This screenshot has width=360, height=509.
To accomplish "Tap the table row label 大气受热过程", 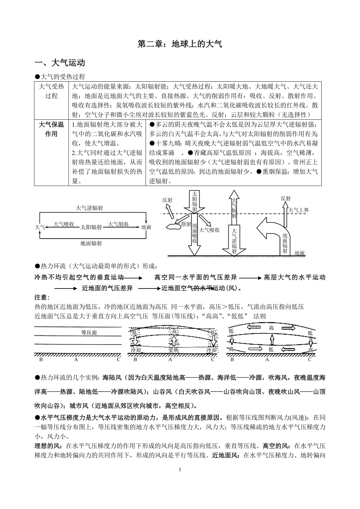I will (x=51, y=91).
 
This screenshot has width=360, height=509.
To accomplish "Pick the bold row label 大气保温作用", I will (x=51, y=129).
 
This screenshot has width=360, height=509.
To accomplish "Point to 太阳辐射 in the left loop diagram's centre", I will (x=92, y=227).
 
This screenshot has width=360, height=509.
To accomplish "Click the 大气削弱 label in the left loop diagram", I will (x=118, y=224).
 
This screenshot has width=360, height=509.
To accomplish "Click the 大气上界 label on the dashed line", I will (x=299, y=210).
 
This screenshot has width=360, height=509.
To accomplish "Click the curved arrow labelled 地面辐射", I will (x=270, y=231).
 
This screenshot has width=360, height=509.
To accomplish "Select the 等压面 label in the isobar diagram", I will (x=89, y=333).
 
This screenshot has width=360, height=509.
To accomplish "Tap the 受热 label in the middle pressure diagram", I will (x=173, y=350).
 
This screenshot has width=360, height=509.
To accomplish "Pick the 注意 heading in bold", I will (x=42, y=298).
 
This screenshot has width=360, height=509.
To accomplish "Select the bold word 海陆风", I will (x=112, y=378).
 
